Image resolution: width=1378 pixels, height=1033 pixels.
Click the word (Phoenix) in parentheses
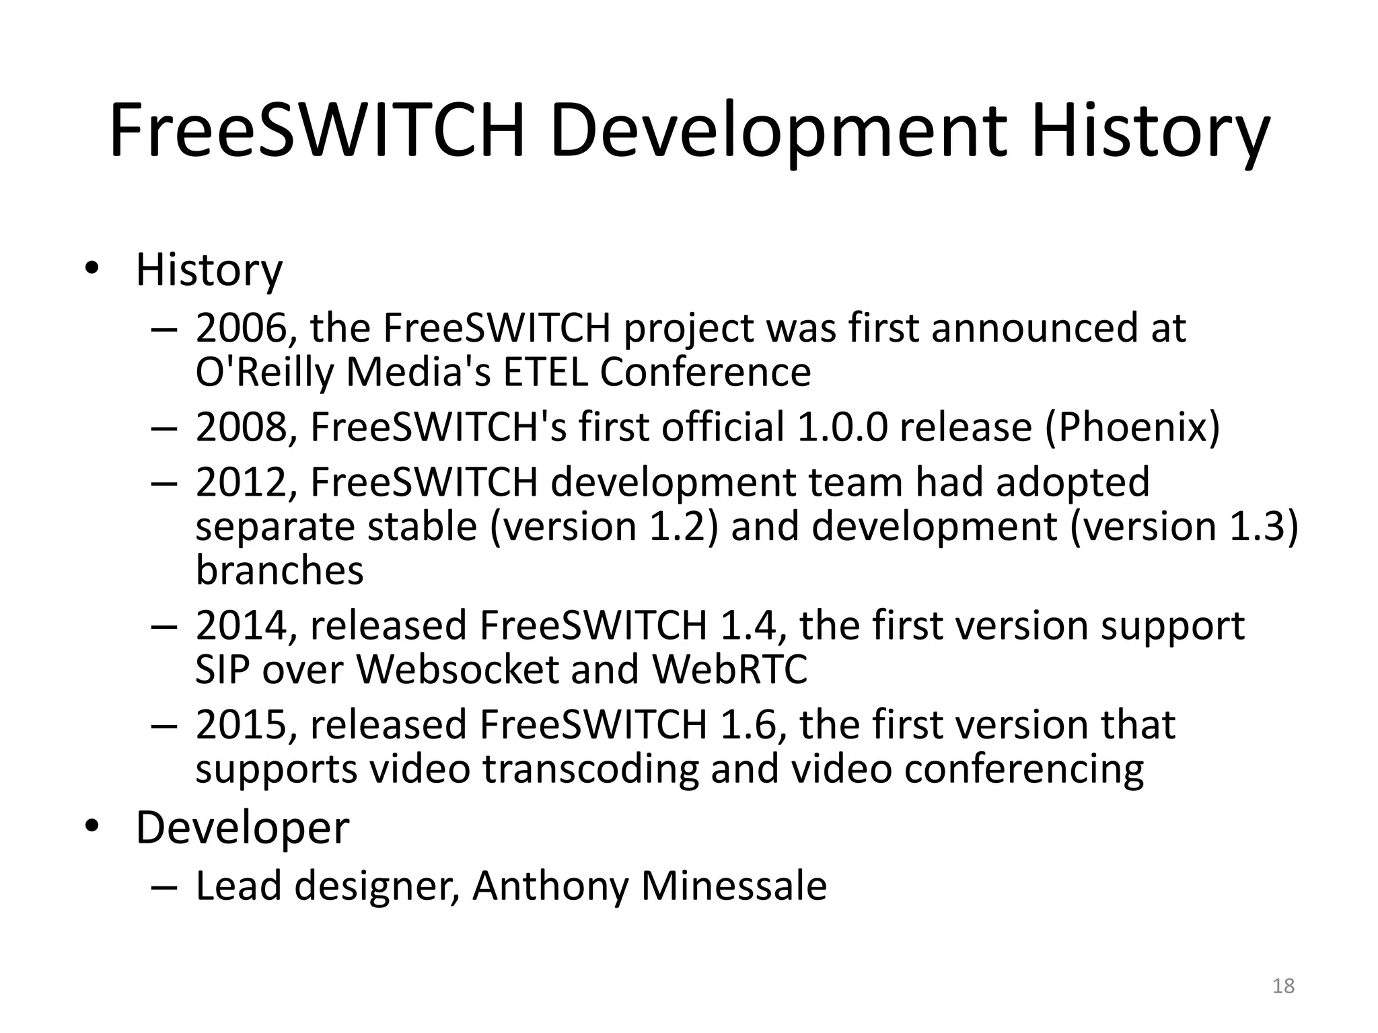click(x=1132, y=427)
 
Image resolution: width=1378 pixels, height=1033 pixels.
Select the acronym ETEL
click(x=545, y=372)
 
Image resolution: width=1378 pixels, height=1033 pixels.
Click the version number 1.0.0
click(x=842, y=427)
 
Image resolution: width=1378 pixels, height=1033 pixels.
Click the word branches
click(x=279, y=570)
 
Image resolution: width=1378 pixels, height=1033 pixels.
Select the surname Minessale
click(x=733, y=886)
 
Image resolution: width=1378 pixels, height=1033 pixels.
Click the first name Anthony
click(x=550, y=887)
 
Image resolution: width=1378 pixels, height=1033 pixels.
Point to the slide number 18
click(x=1284, y=986)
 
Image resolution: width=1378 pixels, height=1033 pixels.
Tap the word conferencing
click(x=1023, y=769)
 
